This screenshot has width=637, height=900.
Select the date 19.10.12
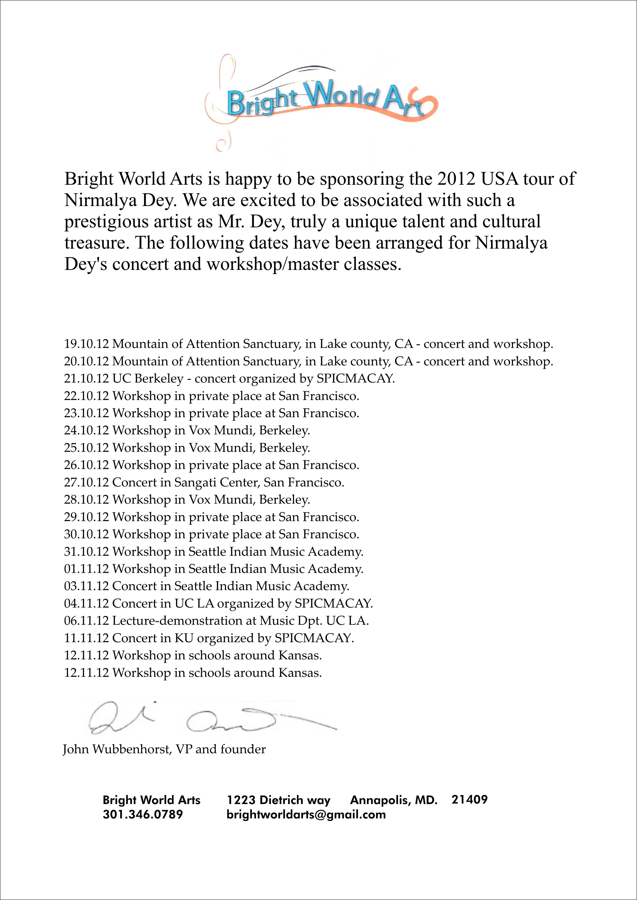pos(86,344)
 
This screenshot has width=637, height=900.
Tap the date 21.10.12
pos(86,379)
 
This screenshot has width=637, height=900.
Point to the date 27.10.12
pos(86,483)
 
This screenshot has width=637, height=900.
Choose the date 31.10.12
pos(86,552)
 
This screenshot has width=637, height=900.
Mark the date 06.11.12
pos(86,621)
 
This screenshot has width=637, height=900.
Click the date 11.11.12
pos(86,638)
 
